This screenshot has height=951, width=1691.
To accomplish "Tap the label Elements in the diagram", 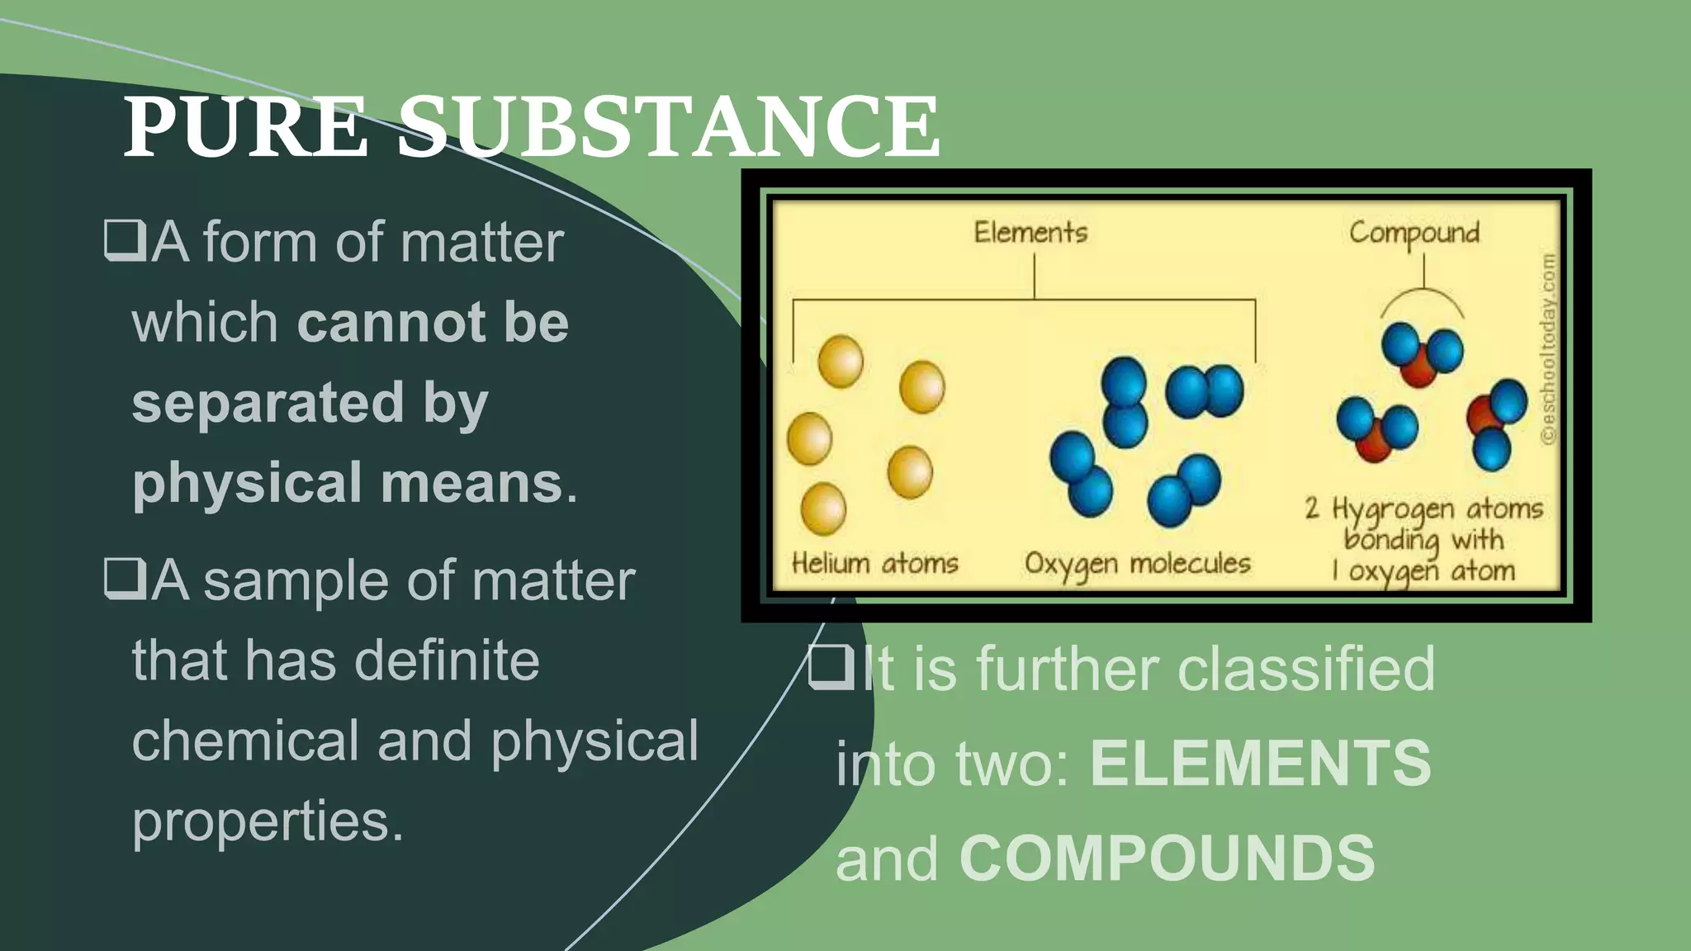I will [x=1030, y=232].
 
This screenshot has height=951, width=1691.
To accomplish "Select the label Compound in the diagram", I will [x=1414, y=234].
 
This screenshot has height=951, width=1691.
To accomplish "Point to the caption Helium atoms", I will [x=874, y=563].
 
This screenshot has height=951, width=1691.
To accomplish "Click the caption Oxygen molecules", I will [x=1137, y=564].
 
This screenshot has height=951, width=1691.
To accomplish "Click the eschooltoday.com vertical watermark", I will [x=1549, y=348].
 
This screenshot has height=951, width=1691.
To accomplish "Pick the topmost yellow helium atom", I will [x=841, y=361].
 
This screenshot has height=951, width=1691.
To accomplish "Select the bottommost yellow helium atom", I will [x=823, y=509].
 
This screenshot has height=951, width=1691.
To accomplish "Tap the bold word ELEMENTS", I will [x=1260, y=763].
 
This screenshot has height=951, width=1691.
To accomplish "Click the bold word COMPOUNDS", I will [x=1167, y=859].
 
